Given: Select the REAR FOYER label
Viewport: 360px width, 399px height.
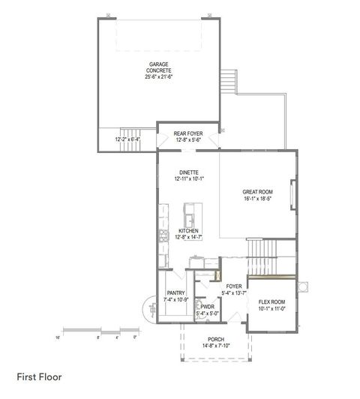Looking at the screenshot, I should (x=187, y=133).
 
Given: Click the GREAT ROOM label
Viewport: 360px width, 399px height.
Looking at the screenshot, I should (x=257, y=192).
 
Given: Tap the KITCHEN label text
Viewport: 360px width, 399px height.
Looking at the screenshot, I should (x=188, y=230).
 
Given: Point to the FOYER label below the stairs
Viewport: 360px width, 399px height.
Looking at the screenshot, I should (x=232, y=286).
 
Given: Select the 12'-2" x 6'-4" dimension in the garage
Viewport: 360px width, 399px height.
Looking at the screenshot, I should (x=129, y=139).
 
